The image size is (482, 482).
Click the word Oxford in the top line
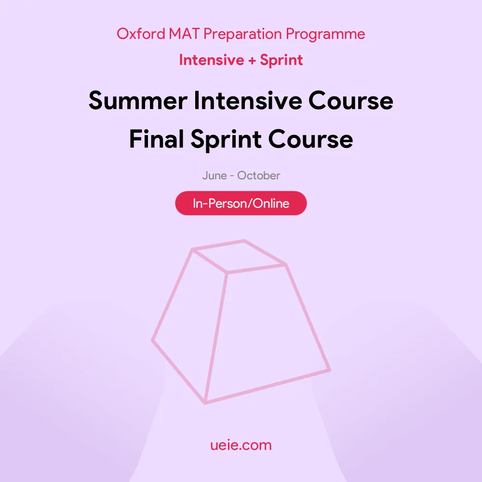pyautogui.click(x=141, y=34)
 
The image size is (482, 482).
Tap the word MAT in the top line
pyautogui.click(x=184, y=34)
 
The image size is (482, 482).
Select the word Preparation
pyautogui.click(x=242, y=34)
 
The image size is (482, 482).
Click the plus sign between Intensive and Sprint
pyautogui.click(x=252, y=60)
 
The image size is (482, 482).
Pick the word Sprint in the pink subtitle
pyautogui.click(x=281, y=60)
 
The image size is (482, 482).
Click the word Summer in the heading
pyautogui.click(x=138, y=101)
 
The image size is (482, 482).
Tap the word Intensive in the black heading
pyautogui.click(x=248, y=100)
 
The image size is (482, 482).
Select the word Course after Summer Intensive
pyautogui.click(x=351, y=101)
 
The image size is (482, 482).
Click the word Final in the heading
pyautogui.click(x=157, y=139)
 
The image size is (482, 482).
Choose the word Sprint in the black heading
pyautogui.click(x=226, y=140)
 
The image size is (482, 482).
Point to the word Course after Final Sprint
pyautogui.click(x=310, y=139)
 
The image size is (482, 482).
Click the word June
pyautogui.click(x=214, y=175)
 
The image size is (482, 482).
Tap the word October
pyautogui.click(x=258, y=175)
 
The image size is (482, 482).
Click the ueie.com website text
pyautogui.click(x=241, y=445)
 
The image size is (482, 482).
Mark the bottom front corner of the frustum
pyautogui.click(x=205, y=402)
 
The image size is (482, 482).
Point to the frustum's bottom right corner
pyautogui.click(x=330, y=370)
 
